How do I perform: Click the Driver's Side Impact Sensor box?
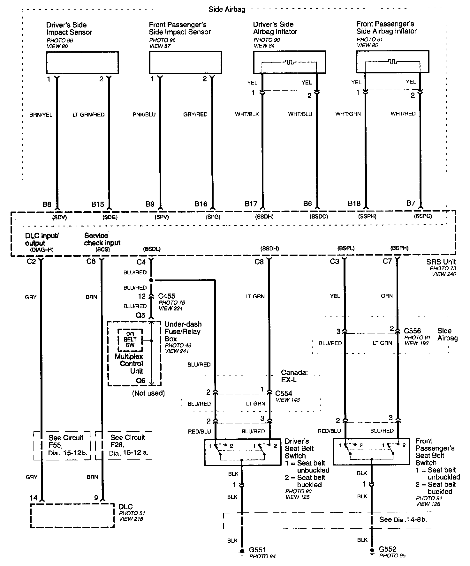[82, 63]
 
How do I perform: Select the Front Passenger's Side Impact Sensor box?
[185, 63]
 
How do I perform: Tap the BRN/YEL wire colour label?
[41, 115]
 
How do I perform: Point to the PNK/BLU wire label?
[144, 114]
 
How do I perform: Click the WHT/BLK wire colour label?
[247, 114]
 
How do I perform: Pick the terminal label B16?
[201, 204]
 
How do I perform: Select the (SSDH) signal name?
[264, 217]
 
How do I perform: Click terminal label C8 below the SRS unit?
[259, 262]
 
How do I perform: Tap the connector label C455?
[167, 296]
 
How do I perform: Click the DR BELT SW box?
[130, 339]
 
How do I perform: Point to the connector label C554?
[284, 393]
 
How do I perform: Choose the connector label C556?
[412, 331]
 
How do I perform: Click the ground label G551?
[257, 550]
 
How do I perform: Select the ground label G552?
[388, 549]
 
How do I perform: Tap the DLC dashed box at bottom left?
[72, 516]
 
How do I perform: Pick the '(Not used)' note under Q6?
[148, 393]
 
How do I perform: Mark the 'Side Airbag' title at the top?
[227, 9]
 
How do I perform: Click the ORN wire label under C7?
[387, 296]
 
